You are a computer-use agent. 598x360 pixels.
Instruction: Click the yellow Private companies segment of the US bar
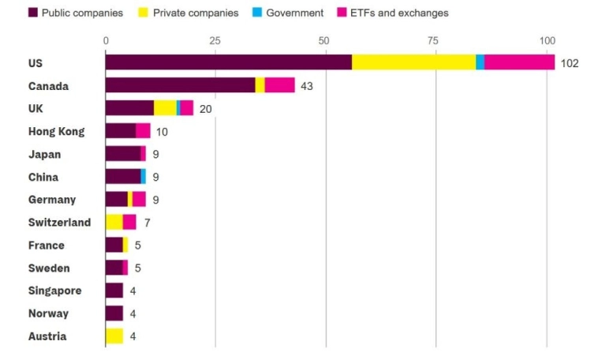pyautogui.click(x=413, y=62)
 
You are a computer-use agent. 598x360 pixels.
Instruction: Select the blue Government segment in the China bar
pyautogui.click(x=144, y=176)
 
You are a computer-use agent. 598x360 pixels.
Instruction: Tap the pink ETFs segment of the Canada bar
pyautogui.click(x=280, y=85)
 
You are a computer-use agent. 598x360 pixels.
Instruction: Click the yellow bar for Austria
pyautogui.click(x=114, y=336)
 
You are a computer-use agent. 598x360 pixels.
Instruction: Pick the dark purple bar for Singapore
pyautogui.click(x=114, y=291)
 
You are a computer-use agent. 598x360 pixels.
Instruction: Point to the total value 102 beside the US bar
pyautogui.click(x=569, y=63)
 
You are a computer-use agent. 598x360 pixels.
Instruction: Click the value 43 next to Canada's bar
pyautogui.click(x=307, y=85)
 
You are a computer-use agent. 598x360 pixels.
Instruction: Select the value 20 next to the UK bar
pyautogui.click(x=206, y=108)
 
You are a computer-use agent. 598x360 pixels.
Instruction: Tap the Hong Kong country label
pyautogui.click(x=56, y=131)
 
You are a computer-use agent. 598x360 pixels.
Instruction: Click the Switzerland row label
pyautogui.click(x=59, y=223)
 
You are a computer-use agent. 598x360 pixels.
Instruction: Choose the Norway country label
pyautogui.click(x=48, y=313)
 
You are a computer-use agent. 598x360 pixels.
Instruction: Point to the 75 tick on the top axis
pyautogui.click(x=432, y=40)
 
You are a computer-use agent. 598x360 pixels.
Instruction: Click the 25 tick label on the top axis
pyautogui.click(x=214, y=40)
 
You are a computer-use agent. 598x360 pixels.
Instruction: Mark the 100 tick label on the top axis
pyautogui.click(x=547, y=40)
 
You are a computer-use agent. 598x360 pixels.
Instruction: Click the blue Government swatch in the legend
pyautogui.click(x=256, y=13)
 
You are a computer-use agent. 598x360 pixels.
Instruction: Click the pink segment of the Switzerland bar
pyautogui.click(x=129, y=222)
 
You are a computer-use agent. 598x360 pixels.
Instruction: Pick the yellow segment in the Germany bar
pyautogui.click(x=130, y=199)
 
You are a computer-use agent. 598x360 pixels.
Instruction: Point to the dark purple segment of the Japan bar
pyautogui.click(x=122, y=153)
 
